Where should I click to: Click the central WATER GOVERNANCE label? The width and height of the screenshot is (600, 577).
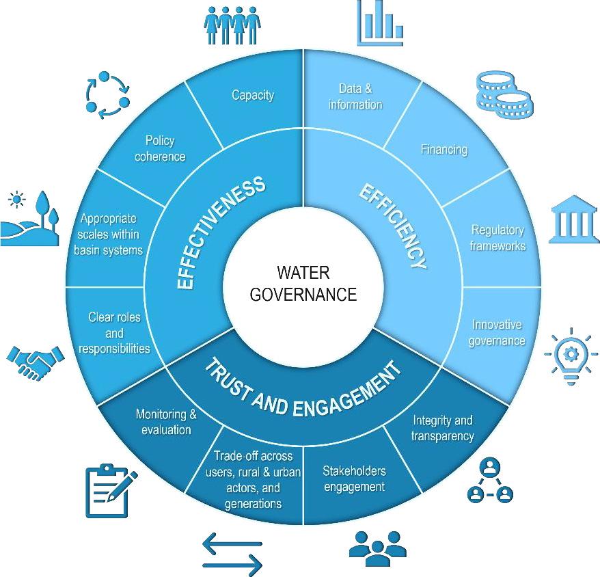(303, 284)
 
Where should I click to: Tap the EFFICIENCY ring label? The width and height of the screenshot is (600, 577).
(394, 226)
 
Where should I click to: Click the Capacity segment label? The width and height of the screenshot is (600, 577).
(253, 95)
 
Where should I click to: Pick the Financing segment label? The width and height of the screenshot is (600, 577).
(444, 149)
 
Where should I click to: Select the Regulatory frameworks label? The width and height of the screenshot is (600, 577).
(497, 237)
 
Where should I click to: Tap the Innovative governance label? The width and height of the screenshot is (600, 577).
(497, 332)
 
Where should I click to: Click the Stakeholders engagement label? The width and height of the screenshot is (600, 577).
(354, 479)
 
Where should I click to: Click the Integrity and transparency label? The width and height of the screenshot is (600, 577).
(442, 428)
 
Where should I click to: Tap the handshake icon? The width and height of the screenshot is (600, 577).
(33, 362)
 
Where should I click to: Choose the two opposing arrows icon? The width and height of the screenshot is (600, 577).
(232, 554)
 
